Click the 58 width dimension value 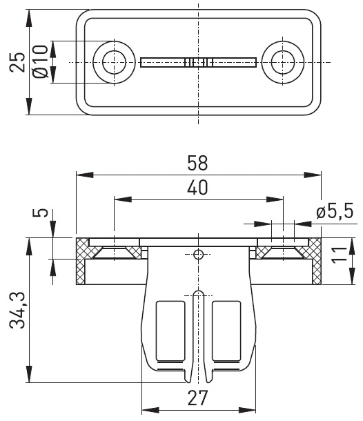point(197,163)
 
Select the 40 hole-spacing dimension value point(197,188)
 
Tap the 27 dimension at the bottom point(197,398)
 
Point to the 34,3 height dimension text point(17,311)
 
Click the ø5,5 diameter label point(334,211)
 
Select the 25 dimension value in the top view point(17,62)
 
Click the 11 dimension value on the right point(340,255)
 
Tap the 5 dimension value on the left point(40,213)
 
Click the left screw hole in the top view point(114,62)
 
